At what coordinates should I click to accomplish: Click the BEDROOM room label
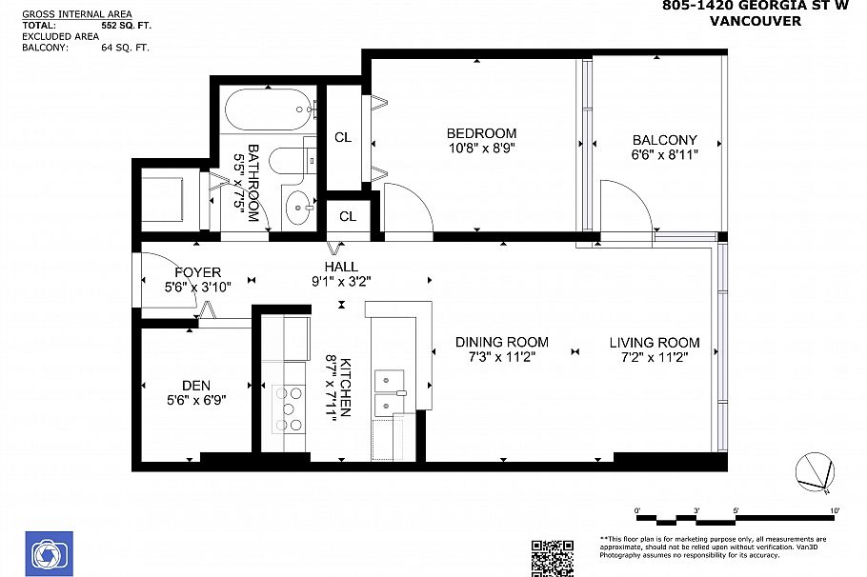(481, 133)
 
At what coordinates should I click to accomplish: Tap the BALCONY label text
(663, 140)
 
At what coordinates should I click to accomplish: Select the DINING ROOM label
(501, 343)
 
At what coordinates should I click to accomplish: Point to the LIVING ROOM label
(655, 343)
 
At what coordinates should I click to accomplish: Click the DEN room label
(196, 386)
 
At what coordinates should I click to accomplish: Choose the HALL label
(341, 268)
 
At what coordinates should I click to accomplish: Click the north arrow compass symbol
(817, 472)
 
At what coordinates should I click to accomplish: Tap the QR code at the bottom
(552, 558)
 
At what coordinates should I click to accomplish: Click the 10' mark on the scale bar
(834, 511)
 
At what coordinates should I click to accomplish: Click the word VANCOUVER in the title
(756, 22)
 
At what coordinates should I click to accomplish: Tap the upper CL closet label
(343, 138)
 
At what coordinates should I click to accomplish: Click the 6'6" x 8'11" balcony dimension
(664, 154)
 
